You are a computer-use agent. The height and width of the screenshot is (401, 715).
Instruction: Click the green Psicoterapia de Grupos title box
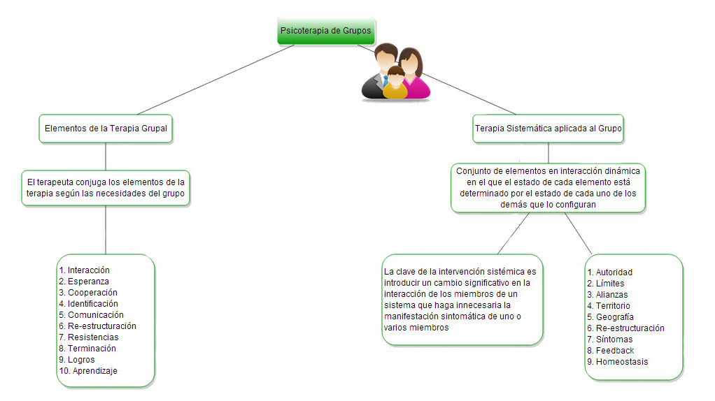coord(325,31)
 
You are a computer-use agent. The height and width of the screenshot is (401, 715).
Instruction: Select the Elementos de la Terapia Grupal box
coord(106,129)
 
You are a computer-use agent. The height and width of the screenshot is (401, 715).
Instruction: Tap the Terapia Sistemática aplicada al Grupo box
coord(548,129)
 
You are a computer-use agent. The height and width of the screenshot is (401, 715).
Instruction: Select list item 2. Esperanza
coord(84,282)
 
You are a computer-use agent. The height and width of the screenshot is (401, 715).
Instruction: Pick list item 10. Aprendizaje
coord(88,371)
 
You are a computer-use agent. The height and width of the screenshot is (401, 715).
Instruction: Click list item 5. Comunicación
coord(91,315)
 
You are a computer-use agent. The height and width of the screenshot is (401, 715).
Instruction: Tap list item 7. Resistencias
coord(88,337)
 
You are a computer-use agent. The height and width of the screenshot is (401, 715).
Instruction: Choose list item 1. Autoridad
coord(609,272)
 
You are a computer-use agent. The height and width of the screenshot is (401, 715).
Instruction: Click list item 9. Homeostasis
coord(618,362)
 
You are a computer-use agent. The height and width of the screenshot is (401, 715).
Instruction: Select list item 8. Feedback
coord(611,351)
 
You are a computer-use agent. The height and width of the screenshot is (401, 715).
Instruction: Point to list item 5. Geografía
coord(610,316)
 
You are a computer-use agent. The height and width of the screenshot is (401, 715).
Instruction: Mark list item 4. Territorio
coord(608,306)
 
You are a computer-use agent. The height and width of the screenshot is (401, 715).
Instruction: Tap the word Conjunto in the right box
coord(472,171)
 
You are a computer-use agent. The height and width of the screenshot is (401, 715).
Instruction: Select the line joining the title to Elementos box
coord(216,80)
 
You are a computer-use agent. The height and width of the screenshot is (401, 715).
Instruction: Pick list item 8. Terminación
coord(87,349)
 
